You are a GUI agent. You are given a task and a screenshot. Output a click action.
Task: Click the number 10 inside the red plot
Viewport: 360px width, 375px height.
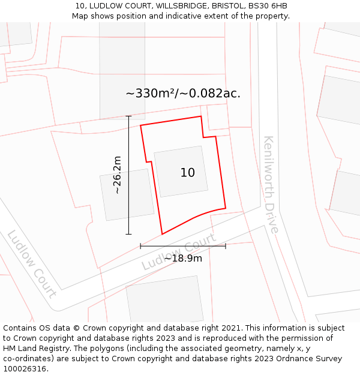[187, 173]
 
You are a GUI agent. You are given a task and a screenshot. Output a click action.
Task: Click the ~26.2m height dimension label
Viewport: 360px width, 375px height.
[117, 175]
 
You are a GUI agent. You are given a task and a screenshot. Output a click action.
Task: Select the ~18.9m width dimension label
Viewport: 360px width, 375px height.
[183, 258]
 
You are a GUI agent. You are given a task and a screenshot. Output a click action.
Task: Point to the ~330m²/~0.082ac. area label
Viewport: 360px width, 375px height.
[183, 94]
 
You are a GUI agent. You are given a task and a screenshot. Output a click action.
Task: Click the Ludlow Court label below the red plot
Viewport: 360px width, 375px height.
[179, 252]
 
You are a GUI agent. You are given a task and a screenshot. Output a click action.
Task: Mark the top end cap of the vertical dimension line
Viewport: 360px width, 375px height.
[128, 116]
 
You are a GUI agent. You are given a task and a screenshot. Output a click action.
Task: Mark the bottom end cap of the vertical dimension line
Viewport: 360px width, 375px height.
[128, 234]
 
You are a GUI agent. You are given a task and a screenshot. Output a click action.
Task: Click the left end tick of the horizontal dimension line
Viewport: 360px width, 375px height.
[140, 246]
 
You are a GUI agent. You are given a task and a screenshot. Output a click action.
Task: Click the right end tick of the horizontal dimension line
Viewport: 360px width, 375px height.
[226, 246]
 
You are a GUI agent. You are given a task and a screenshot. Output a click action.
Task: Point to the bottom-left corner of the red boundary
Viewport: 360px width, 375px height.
[162, 234]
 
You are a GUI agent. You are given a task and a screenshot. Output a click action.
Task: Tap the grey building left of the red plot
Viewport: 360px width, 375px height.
[127, 194]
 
